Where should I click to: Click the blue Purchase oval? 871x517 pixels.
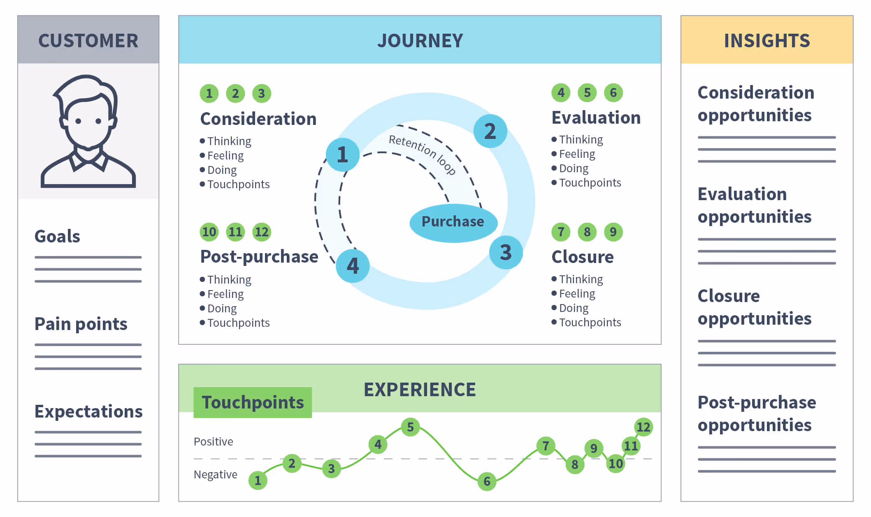pos(453,222)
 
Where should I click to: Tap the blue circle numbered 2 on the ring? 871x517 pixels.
pos(490,131)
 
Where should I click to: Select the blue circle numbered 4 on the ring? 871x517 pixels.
pos(353,266)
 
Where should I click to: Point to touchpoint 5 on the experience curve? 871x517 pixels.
pos(410,427)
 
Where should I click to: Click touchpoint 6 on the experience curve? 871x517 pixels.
pos(487,481)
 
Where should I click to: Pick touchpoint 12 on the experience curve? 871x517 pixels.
pos(643,427)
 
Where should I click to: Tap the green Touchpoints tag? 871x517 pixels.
pos(253,402)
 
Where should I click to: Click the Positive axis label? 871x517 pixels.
pos(213,441)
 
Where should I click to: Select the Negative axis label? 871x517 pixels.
pos(215,474)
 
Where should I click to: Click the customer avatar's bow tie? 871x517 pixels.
pos(88,162)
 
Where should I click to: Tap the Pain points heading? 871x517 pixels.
pos(81,324)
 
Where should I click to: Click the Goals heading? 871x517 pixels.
pos(57,236)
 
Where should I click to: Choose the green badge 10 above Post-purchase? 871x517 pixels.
pos(209,232)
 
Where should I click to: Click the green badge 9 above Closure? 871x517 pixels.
pos(613,232)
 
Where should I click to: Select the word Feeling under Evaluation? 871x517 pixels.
pos(577,154)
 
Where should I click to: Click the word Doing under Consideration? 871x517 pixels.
pos(222,170)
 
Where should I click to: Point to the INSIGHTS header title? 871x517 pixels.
pos(766,41)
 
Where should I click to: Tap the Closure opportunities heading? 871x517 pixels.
pos(754,307)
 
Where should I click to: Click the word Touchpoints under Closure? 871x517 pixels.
pos(590,323)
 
